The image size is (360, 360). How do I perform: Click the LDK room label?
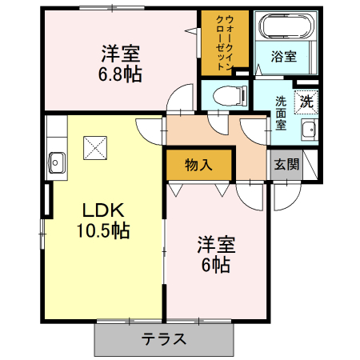104,210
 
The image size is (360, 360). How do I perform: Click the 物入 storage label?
198,166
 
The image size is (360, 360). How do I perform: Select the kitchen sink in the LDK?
56,161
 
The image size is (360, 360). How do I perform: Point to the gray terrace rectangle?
166,338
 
